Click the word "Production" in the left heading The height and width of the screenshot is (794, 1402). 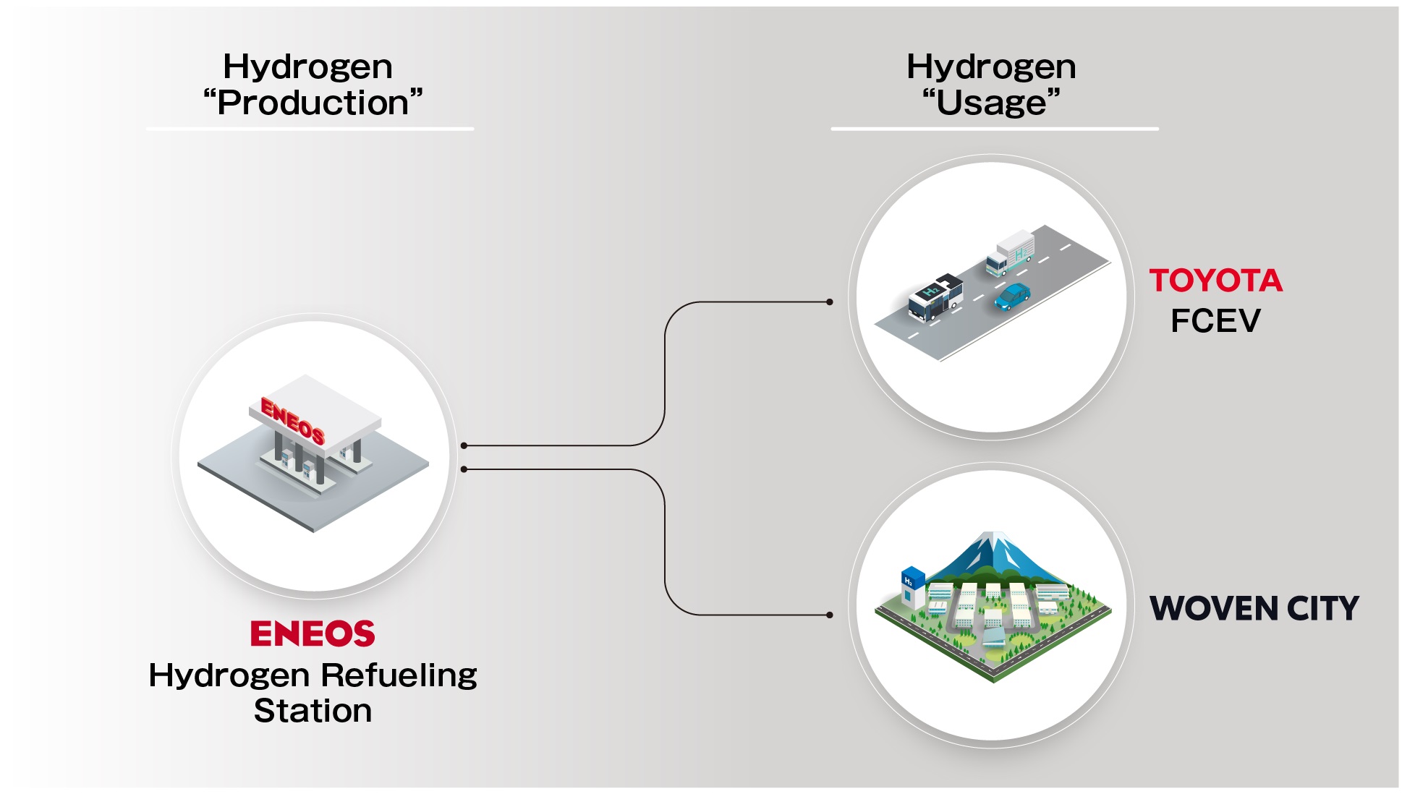pyautogui.click(x=313, y=103)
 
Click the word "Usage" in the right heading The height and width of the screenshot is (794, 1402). pyautogui.click(x=991, y=103)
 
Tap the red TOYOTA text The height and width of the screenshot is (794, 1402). pyautogui.click(x=1216, y=281)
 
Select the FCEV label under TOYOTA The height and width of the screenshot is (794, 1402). pyautogui.click(x=1215, y=321)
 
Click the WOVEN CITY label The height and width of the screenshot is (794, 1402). pyautogui.click(x=1254, y=608)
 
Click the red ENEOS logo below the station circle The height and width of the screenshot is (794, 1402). pyautogui.click(x=313, y=633)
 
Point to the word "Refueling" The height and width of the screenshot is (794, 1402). pyautogui.click(x=399, y=675)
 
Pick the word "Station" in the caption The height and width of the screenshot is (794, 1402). pyautogui.click(x=313, y=711)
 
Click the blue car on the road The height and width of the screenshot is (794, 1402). pyautogui.click(x=1012, y=296)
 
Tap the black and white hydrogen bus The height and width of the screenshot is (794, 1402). pyautogui.click(x=935, y=296)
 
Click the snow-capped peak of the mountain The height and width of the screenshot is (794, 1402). pyautogui.click(x=995, y=539)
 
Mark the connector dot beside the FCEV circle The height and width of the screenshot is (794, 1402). pyautogui.click(x=830, y=302)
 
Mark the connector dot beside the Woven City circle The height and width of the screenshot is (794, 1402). pyautogui.click(x=830, y=615)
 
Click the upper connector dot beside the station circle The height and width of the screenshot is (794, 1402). pyautogui.click(x=464, y=445)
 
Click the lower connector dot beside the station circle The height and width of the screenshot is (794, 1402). pyautogui.click(x=464, y=470)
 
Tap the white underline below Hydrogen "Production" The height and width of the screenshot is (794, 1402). pyautogui.click(x=310, y=129)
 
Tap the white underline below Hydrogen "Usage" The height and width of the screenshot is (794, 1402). pyautogui.click(x=995, y=129)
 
